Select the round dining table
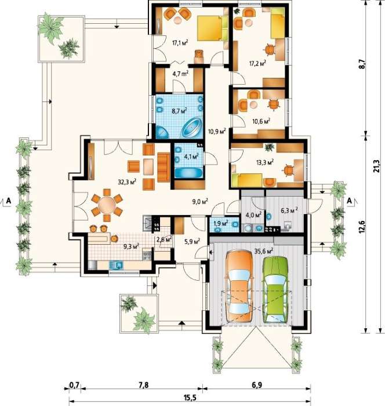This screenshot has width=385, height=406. pyautogui.click(x=107, y=205)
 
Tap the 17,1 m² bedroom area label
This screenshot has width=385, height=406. pyautogui.click(x=180, y=42)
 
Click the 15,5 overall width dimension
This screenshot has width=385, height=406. pyautogui.click(x=190, y=398)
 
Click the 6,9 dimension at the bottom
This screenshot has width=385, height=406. pyautogui.click(x=256, y=386)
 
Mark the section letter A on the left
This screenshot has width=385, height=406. pyautogui.click(x=9, y=201)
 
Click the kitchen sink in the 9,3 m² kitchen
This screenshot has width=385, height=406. pyautogui.click(x=116, y=265)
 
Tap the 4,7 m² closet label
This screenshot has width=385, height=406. pyautogui.click(x=180, y=74)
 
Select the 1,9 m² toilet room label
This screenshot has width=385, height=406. pyautogui.click(x=221, y=223)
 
